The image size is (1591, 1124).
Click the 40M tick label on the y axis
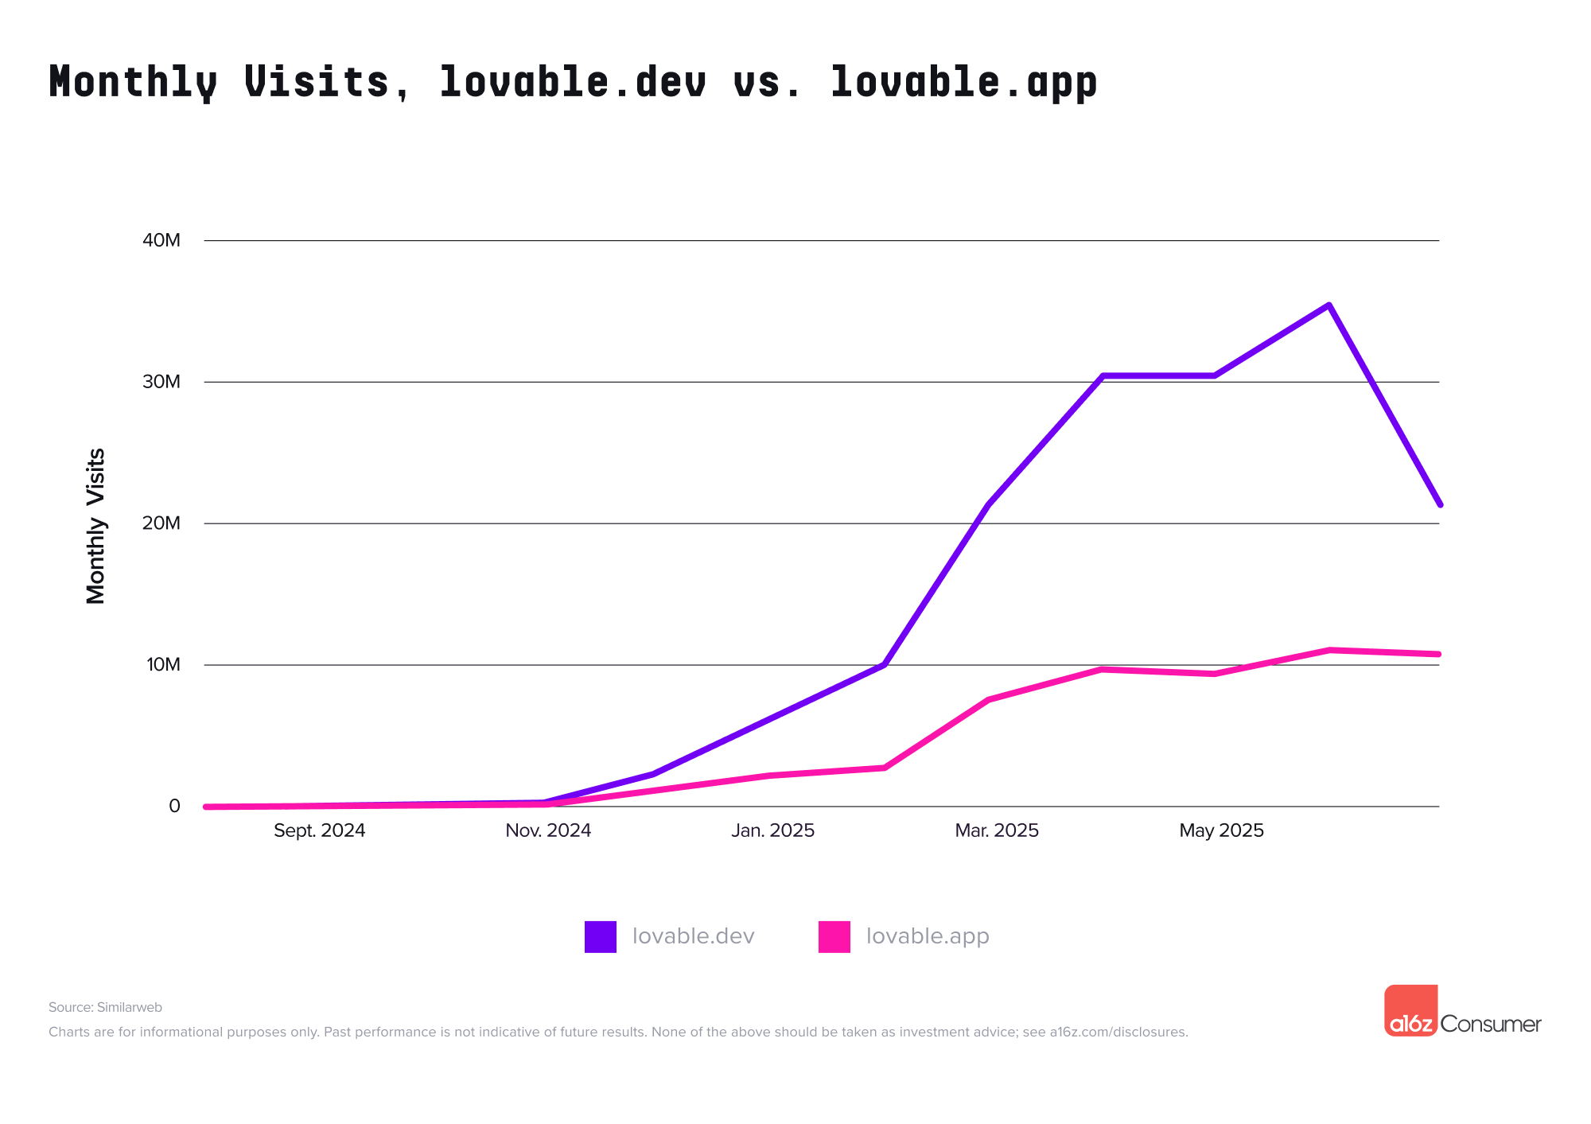tap(161, 240)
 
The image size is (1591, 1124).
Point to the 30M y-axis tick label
tap(161, 382)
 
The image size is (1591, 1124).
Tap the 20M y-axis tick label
tap(161, 523)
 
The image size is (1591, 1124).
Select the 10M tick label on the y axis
tap(163, 664)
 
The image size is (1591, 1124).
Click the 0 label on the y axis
tap(174, 806)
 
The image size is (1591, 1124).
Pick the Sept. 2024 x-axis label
tap(319, 830)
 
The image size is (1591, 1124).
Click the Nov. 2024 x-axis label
tap(548, 830)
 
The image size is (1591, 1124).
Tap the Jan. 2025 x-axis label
tap(772, 830)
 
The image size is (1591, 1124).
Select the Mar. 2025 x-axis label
tap(997, 830)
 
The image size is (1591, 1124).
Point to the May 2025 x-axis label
tap(1221, 830)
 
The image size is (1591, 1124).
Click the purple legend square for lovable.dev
tap(601, 936)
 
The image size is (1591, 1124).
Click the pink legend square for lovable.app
tap(834, 936)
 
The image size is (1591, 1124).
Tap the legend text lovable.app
tap(928, 936)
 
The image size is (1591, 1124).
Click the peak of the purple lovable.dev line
tap(1328, 305)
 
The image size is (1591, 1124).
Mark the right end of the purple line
tap(1439, 504)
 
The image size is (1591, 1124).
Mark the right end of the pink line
tap(1438, 654)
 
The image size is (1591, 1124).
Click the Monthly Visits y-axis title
tap(95, 526)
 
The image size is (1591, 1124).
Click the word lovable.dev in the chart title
tap(572, 82)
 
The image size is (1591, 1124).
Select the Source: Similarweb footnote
tap(105, 1007)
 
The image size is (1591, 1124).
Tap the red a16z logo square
tap(1410, 1010)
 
